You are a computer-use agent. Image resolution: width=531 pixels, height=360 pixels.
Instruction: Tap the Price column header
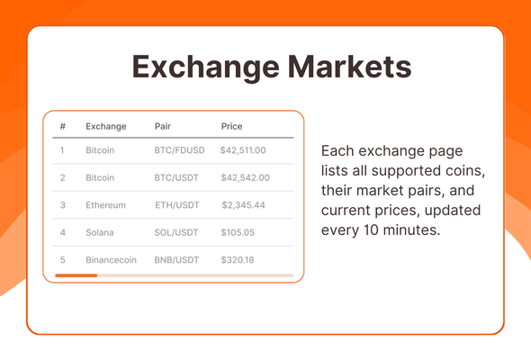[231, 126]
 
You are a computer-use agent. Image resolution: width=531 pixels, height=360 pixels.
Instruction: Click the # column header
[63, 126]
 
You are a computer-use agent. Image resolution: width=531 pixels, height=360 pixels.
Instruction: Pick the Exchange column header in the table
[106, 126]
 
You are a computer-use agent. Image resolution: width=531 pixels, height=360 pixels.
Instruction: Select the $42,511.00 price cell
[243, 150]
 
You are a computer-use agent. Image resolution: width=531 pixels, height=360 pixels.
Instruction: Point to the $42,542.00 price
[243, 178]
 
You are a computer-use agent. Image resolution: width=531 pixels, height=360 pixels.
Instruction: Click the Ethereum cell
[105, 205]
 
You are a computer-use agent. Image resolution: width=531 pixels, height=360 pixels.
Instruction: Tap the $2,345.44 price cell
[244, 205]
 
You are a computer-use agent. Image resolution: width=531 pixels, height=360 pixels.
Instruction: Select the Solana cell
[100, 232]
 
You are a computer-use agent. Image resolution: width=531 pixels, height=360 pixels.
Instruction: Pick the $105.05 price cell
[238, 232]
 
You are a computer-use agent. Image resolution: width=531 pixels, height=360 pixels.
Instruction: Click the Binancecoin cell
[111, 260]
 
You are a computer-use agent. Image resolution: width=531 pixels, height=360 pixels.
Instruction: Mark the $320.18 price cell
[238, 260]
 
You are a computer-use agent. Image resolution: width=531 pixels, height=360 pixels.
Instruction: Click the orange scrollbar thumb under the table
[76, 274]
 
